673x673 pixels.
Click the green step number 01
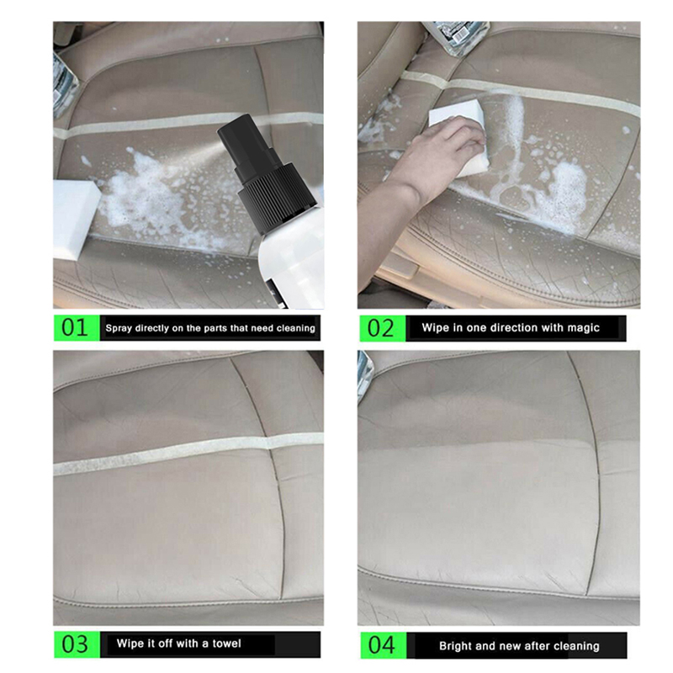tap(74, 327)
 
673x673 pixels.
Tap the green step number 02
tap(380, 328)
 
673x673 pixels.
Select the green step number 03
tap(75, 644)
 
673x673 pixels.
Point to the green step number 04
tap(381, 644)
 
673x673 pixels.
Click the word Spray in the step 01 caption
tap(119, 329)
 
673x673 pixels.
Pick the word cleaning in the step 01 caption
tap(296, 329)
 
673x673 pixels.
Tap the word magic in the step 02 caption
tap(583, 328)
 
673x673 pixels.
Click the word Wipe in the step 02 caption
tap(434, 328)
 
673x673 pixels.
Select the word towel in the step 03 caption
tap(226, 644)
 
